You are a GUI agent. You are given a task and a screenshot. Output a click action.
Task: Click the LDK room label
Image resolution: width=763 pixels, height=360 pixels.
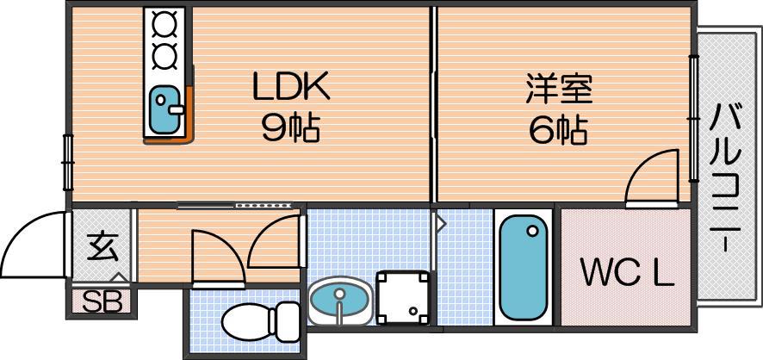pos(291,86)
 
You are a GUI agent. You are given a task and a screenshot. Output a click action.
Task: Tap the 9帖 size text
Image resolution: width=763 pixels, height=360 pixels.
pos(290,128)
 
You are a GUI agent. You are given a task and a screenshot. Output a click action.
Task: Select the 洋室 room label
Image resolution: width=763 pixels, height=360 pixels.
pos(559,88)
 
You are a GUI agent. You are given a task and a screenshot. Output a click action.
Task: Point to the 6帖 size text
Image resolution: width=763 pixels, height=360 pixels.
pos(558,129)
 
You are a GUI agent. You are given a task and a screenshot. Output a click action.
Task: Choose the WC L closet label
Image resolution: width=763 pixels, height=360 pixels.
pos(627,276)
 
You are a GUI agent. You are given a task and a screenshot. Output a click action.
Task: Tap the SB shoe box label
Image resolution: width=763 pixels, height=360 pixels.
pos(102,301)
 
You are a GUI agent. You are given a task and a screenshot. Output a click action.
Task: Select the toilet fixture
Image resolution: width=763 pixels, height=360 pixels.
pos(260,321)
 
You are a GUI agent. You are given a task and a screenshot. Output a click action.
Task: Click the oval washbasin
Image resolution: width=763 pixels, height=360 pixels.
pos(339,301)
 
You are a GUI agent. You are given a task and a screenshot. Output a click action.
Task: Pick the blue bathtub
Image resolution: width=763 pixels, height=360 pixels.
pos(523,268)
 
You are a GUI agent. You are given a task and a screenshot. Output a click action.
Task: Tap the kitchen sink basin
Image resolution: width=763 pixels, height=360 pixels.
pos(163,109)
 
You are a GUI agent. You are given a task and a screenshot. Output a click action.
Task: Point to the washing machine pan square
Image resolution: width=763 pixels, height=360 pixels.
pos(403,297)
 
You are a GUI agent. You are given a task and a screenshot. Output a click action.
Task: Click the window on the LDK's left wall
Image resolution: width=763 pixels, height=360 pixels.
pos(67,162)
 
